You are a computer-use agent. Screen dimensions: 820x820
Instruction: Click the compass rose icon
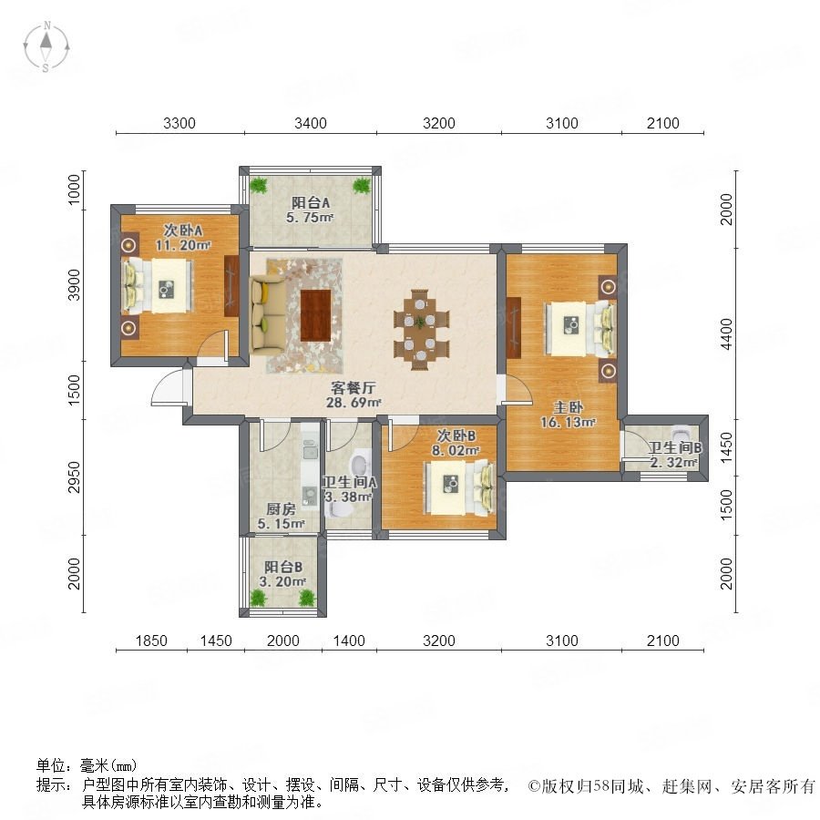tap(46, 46)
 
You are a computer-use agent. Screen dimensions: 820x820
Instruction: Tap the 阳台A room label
tap(311, 202)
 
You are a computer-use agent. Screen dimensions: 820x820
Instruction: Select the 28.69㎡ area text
tap(353, 403)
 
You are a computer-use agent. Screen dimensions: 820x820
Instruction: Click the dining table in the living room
tap(421, 330)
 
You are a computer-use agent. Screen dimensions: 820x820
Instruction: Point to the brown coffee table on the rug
tap(316, 315)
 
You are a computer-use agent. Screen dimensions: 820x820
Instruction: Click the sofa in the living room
tap(268, 316)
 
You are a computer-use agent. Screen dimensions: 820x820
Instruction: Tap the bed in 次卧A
tap(158, 286)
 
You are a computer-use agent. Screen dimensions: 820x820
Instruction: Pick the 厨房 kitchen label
tap(281, 508)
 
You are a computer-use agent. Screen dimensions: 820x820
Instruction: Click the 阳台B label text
tap(283, 567)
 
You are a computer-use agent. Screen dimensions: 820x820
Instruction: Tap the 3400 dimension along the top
tap(311, 123)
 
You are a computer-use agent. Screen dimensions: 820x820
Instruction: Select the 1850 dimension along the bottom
tap(151, 641)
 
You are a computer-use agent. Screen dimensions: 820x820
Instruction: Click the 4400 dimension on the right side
tap(726, 334)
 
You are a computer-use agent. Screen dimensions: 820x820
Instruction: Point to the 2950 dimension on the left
tap(75, 477)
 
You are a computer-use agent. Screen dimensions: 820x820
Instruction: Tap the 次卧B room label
tap(456, 436)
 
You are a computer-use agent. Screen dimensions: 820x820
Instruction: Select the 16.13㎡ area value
tap(568, 422)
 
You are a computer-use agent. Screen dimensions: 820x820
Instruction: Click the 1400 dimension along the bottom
tap(349, 641)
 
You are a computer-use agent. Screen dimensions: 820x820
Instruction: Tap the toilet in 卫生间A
tap(359, 464)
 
